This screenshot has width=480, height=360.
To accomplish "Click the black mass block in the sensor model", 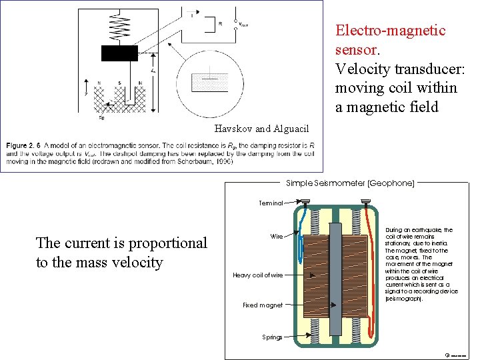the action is [119, 53].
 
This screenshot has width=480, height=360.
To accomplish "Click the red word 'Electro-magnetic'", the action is [390, 31].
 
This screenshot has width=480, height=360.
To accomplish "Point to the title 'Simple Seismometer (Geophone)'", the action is [350, 182].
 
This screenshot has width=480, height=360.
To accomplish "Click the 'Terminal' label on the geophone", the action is [271, 203].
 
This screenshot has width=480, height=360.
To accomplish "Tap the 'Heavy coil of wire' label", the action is [257, 275].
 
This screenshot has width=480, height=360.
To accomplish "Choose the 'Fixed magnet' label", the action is [262, 305].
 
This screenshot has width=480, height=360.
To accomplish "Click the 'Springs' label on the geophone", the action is [271, 337].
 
